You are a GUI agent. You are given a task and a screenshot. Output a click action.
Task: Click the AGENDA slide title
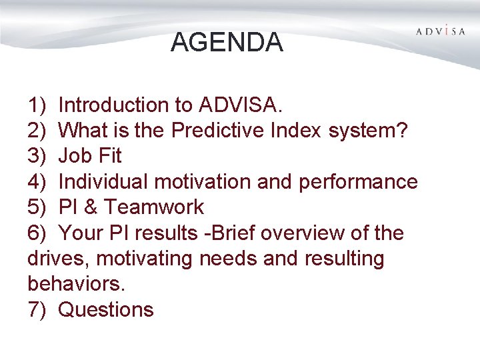[227, 42]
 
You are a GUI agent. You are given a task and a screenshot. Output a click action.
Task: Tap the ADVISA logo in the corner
[441, 31]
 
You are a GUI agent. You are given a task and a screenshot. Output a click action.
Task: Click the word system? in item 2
[368, 130]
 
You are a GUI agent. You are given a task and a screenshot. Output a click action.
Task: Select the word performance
[360, 181]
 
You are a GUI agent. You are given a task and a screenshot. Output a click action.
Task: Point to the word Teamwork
[154, 207]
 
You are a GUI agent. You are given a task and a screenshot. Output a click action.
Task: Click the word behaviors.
[76, 284]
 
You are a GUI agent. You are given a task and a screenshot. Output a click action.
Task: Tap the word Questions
[106, 310]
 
